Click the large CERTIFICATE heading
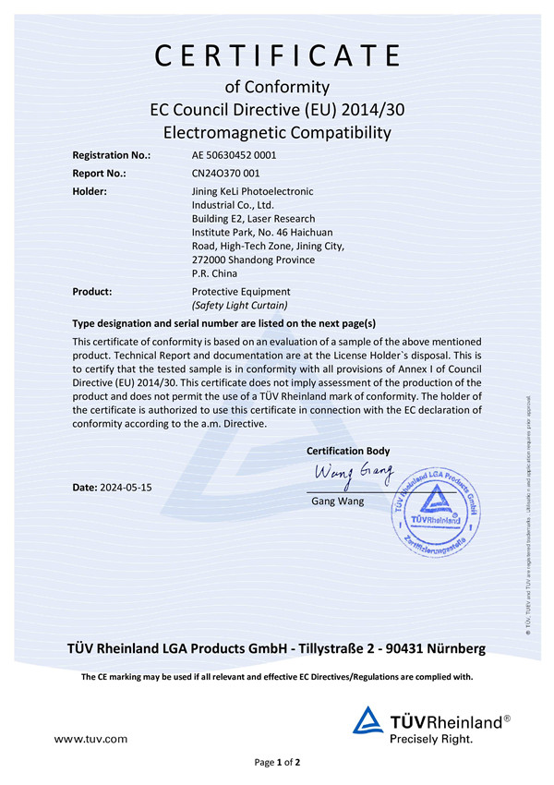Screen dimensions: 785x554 point(277,56)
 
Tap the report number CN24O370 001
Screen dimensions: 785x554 point(226,174)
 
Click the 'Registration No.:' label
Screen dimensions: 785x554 point(111,155)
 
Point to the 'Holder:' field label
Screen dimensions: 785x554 point(90,191)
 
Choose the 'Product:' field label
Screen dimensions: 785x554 point(92,291)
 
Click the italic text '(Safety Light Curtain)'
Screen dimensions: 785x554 point(239,305)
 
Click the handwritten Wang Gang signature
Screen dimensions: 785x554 point(354,476)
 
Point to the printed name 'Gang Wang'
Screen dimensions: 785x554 point(338,501)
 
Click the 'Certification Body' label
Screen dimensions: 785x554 point(348,451)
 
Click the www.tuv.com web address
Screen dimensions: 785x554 point(90,739)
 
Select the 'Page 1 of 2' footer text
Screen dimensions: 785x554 point(277,763)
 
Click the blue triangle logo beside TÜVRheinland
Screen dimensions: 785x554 point(369,720)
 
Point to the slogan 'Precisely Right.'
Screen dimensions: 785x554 point(431,739)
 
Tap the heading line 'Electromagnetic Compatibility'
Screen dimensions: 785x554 point(277,133)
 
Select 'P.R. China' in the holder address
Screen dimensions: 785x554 point(214,273)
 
